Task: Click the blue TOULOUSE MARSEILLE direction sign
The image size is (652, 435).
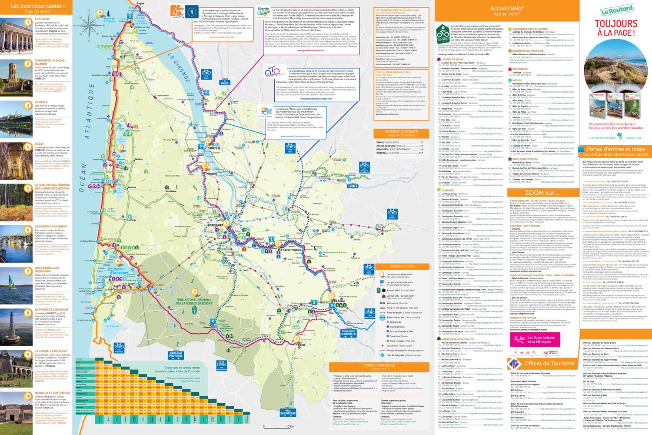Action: point(348,333)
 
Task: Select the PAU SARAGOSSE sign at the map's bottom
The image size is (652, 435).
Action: point(288,412)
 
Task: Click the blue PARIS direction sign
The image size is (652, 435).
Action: point(225,83)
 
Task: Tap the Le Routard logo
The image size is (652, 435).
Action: point(617,10)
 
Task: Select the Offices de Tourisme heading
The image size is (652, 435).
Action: point(549,363)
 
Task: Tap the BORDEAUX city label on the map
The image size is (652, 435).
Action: point(215,225)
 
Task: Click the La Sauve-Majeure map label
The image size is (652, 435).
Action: point(290,250)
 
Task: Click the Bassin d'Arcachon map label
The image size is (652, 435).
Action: point(118,271)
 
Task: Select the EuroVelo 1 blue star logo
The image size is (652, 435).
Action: point(192,12)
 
